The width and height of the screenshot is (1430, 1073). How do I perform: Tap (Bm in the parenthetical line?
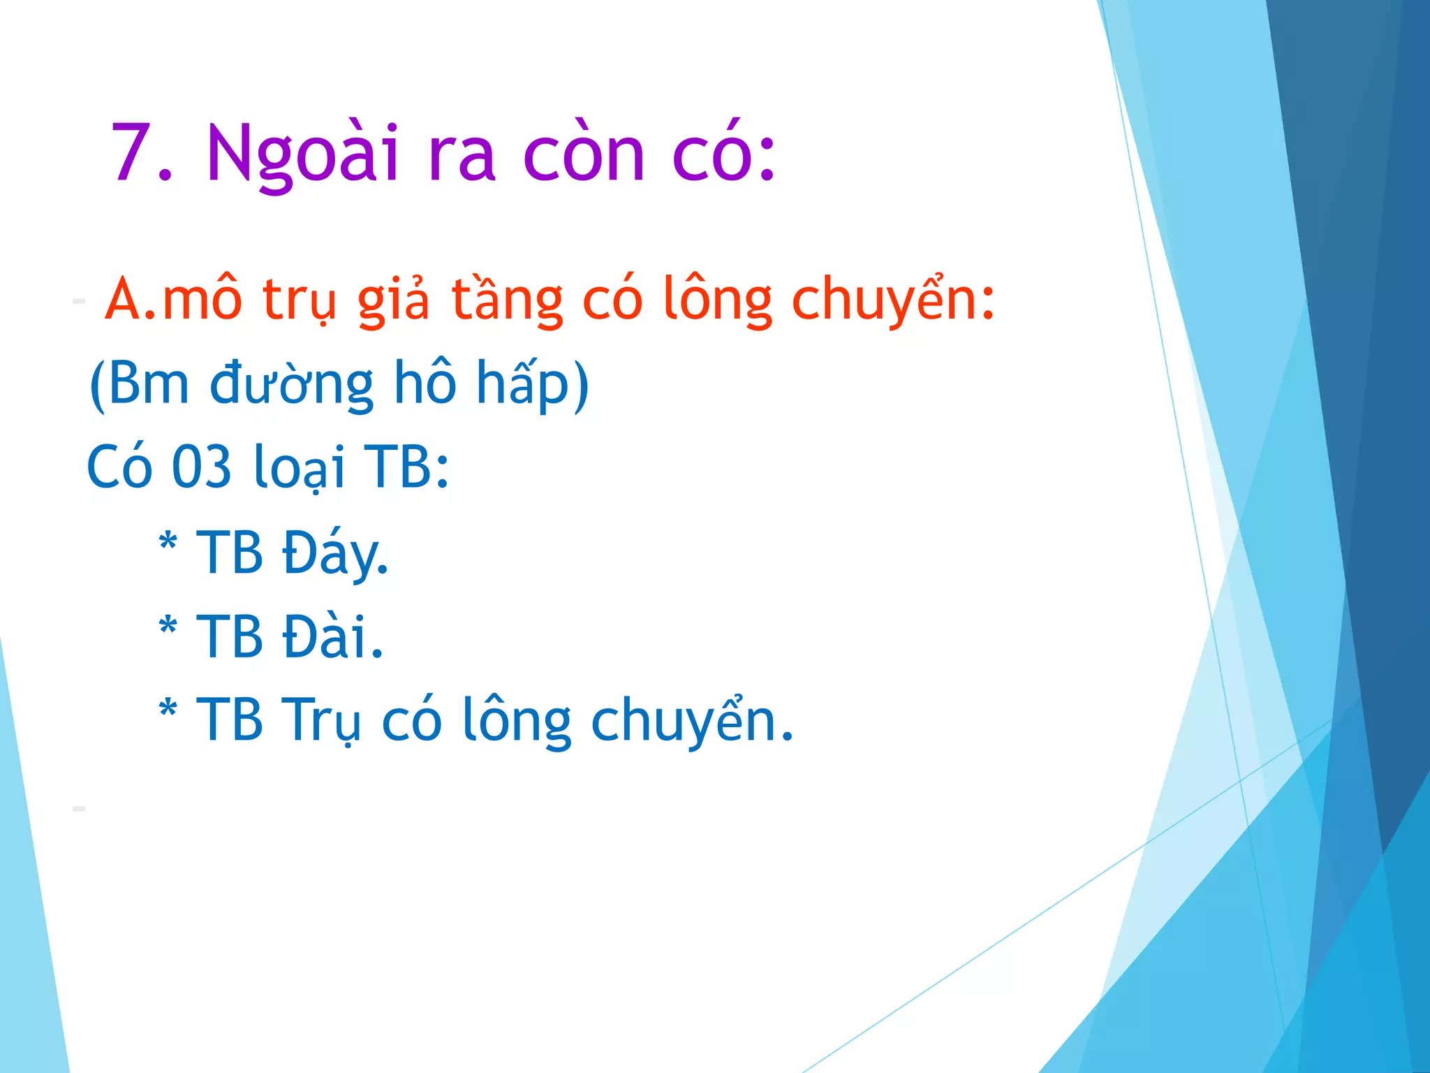140,384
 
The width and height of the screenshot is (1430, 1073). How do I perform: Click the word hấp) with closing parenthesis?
532,384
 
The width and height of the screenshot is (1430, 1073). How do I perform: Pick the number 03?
201,467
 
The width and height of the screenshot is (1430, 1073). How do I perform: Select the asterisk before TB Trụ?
168,710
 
